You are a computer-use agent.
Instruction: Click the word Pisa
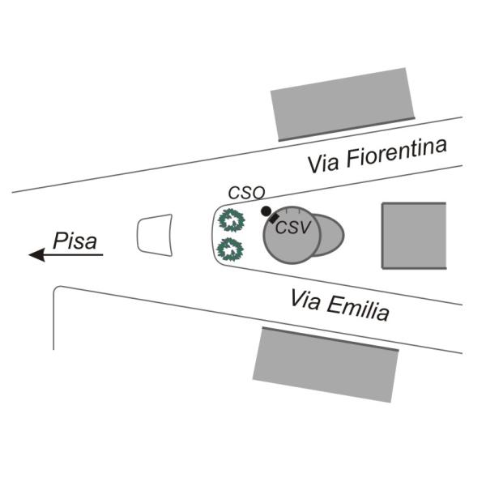(x=75, y=241)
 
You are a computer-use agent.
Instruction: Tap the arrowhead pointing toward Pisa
(x=36, y=255)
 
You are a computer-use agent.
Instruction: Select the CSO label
(x=247, y=193)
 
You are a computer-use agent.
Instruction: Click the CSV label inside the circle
(x=292, y=228)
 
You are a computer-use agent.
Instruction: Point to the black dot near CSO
(x=266, y=211)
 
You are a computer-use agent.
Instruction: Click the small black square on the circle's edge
(x=274, y=218)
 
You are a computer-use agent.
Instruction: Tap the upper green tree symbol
(x=231, y=220)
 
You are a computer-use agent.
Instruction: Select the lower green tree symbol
(x=230, y=249)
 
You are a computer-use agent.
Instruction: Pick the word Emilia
(x=358, y=309)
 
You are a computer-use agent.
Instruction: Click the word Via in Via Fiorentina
(x=323, y=164)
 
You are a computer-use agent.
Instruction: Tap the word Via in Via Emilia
(x=305, y=300)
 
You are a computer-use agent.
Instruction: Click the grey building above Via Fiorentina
(x=343, y=104)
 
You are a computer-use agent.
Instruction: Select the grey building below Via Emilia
(x=326, y=364)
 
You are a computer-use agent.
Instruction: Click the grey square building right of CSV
(x=414, y=236)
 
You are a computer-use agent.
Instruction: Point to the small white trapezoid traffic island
(x=155, y=235)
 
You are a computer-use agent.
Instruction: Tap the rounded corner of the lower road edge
(x=56, y=288)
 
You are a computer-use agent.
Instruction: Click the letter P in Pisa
(x=60, y=241)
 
